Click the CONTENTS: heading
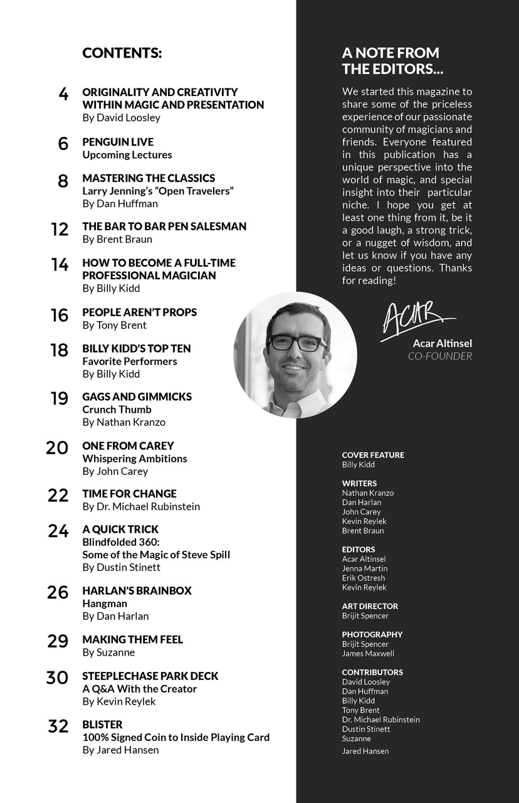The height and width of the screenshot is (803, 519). tap(122, 53)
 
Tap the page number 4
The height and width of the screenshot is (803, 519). tap(63, 95)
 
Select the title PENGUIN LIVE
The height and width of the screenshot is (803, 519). tap(118, 142)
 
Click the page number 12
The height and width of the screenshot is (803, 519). tap(60, 230)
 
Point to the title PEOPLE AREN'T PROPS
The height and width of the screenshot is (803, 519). tap(139, 312)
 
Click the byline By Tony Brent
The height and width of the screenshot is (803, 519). tap(114, 325)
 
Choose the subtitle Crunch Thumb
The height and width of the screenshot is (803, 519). tap(117, 410)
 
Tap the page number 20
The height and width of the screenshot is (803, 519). tap(57, 448)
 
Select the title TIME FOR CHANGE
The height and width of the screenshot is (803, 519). tap(129, 494)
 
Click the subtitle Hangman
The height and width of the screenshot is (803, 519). tap(105, 604)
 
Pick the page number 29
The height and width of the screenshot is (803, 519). tap(58, 642)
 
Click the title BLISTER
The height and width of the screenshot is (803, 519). tap(102, 725)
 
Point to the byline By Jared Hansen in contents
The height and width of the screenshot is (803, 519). tap(120, 750)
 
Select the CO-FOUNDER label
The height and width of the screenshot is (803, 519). tap(440, 356)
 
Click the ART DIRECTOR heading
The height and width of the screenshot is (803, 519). tap(370, 606)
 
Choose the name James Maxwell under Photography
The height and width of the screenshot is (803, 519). tap(368, 653)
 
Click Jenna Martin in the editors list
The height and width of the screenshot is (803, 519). tap(364, 568)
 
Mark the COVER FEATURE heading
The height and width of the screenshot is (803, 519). tap(373, 455)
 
